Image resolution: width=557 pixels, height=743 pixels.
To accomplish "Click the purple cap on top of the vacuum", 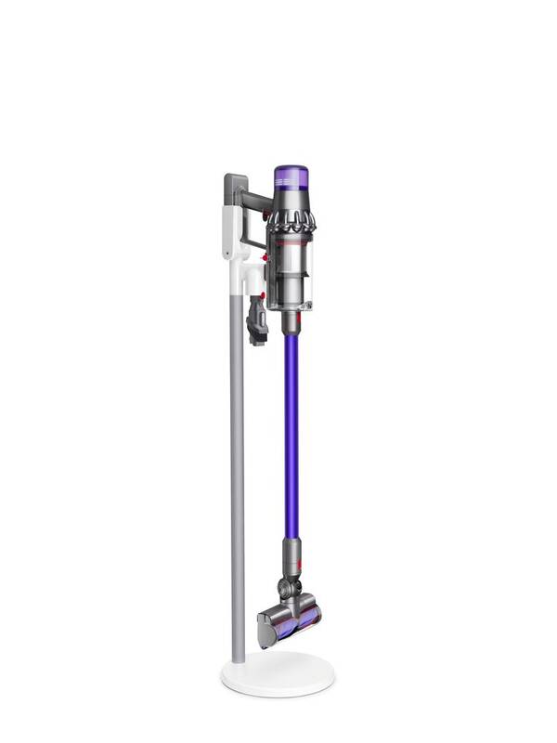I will (291, 176).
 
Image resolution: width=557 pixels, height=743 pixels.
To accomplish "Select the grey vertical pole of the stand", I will (238, 464).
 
